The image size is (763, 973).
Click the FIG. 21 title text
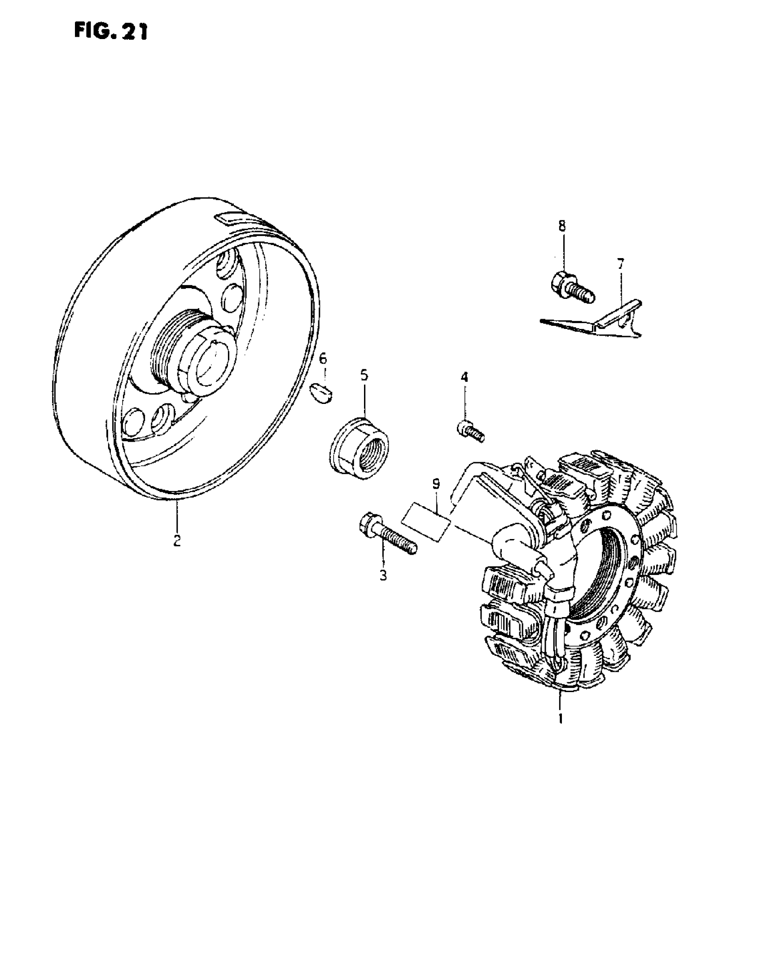pos(110,32)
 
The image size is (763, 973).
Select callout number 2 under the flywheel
pos(177,540)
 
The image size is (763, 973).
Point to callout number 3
pos(383,575)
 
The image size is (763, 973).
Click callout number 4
pos(464,377)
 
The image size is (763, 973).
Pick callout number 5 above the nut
pos(364,375)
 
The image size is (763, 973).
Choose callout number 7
pos(620,264)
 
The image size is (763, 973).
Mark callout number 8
pos(562,226)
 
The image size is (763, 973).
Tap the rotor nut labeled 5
pos(360,449)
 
